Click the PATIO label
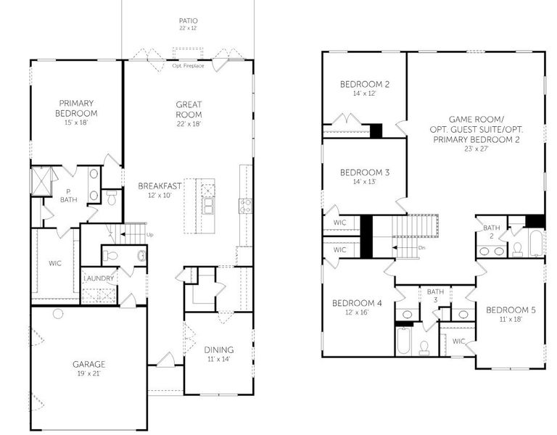click(188, 20)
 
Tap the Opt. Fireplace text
click(188, 66)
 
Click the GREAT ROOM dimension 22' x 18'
click(189, 124)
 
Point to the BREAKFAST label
click(160, 186)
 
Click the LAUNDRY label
click(98, 278)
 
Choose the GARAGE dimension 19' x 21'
click(88, 374)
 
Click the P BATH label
click(68, 196)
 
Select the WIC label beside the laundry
click(56, 262)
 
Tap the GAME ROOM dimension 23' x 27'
click(475, 149)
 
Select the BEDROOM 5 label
click(511, 310)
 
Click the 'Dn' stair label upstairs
click(422, 248)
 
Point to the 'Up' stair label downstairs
click(150, 235)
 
